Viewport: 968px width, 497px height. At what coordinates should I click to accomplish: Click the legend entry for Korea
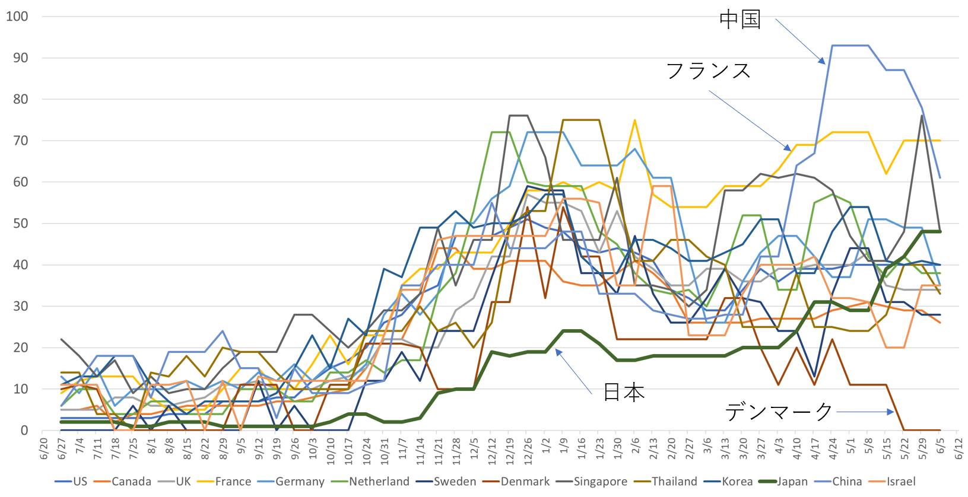[x=737, y=482]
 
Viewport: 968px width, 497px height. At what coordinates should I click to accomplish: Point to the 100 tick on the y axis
[x=17, y=17]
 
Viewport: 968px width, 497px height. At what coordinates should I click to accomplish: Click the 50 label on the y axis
[x=21, y=224]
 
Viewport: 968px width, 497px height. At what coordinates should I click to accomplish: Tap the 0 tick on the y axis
[x=24, y=431]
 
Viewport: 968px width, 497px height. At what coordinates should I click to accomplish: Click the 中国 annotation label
[x=740, y=20]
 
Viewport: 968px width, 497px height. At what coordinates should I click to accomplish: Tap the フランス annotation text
[x=709, y=71]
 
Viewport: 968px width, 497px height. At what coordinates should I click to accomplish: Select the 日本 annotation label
[x=624, y=392]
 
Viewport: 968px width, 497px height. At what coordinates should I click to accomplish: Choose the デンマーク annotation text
[x=779, y=411]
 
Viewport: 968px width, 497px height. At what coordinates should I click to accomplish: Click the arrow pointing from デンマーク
[x=865, y=412]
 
